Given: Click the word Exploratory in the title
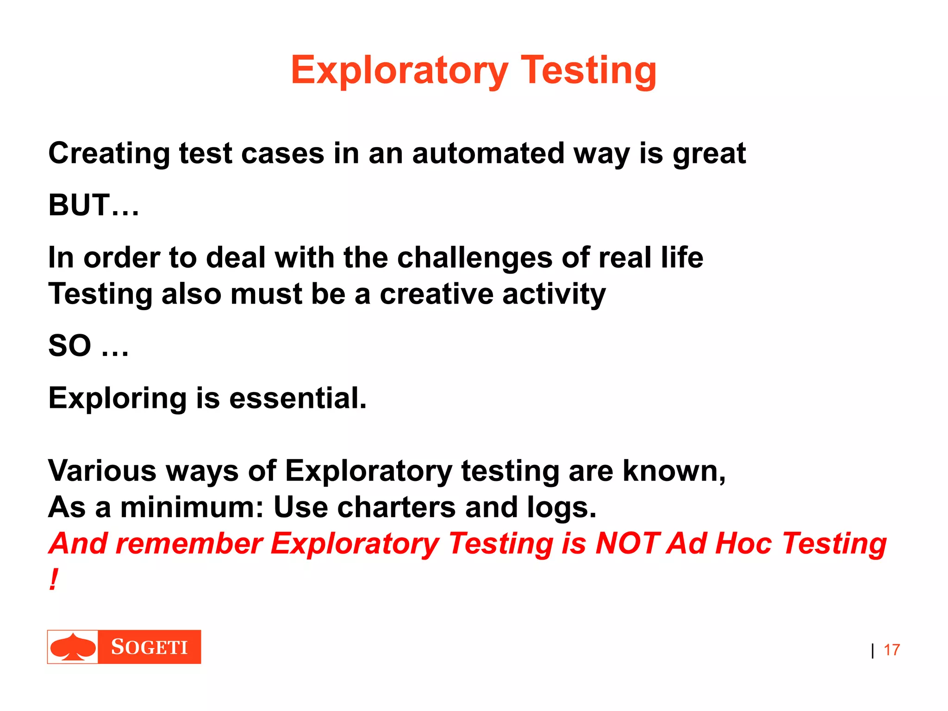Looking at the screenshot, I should (399, 70).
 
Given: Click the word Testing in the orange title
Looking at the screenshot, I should (588, 70).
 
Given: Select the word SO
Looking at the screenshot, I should (70, 346).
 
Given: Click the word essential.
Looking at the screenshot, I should (298, 398).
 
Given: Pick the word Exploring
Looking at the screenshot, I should (117, 398).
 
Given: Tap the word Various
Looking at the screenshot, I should (102, 471).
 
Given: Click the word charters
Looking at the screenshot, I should (396, 507).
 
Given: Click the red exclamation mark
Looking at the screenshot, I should (54, 580).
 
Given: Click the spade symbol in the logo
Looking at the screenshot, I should (73, 647).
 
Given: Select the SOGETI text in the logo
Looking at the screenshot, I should (150, 647).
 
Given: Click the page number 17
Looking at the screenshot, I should (892, 650).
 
